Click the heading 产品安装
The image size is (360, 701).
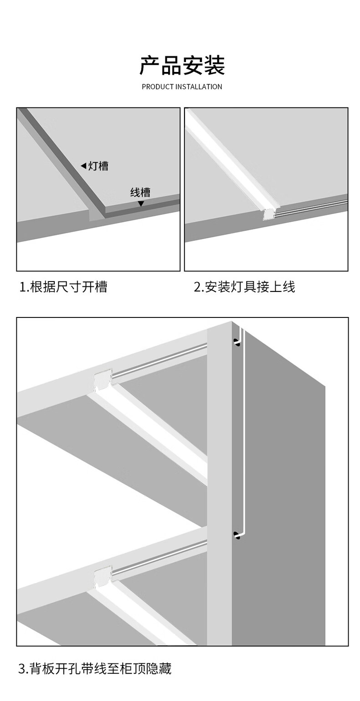pos(182,66)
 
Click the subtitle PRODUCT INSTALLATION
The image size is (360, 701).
pos(182,87)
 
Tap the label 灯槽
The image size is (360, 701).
pos(98,166)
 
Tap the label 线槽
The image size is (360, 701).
pos(140,192)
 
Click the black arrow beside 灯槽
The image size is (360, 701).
pos(83,166)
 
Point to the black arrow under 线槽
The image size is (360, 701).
pos(141,204)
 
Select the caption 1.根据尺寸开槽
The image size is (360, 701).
pos(63,287)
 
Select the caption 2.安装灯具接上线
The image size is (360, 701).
pos(244,287)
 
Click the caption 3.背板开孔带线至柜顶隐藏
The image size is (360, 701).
pos(95,669)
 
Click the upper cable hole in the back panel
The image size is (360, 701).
pos(237,342)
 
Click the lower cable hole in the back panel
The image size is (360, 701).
pos(237,535)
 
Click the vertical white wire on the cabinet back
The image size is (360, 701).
pos(244,433)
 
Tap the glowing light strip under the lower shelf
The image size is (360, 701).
pos(141,615)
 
